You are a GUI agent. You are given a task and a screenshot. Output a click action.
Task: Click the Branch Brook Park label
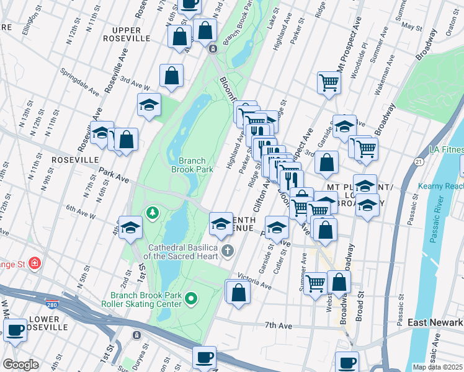click(x=192, y=164)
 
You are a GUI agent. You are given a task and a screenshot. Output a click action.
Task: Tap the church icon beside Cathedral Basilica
click(x=228, y=250)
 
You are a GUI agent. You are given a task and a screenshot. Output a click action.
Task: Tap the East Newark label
click(x=435, y=322)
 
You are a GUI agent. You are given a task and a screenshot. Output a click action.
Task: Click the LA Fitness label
click(x=446, y=150)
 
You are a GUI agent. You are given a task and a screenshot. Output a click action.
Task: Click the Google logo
click(x=20, y=365)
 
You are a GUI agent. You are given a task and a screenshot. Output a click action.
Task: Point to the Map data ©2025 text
click(x=437, y=367)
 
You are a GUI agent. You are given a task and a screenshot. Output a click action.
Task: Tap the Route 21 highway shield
click(x=419, y=162)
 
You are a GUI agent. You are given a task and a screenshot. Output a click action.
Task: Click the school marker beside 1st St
click(x=131, y=229)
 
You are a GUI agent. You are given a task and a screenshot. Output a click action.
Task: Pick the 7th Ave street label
click(x=278, y=325)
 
